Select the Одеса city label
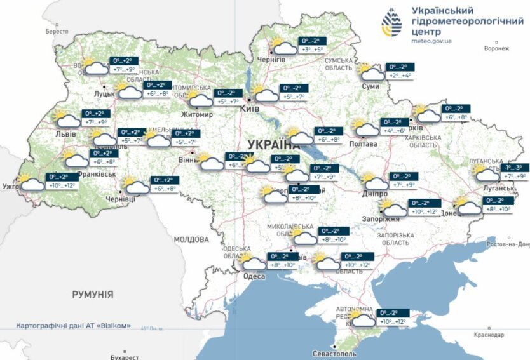(x=254, y=276)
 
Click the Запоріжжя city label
(x=383, y=218)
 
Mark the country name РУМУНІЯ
(x=93, y=295)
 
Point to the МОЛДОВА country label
(x=191, y=239)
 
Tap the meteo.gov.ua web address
(x=431, y=40)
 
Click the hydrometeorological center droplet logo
(x=391, y=24)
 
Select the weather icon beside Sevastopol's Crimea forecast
(x=363, y=319)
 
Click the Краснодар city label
(x=489, y=335)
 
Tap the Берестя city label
(x=57, y=31)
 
